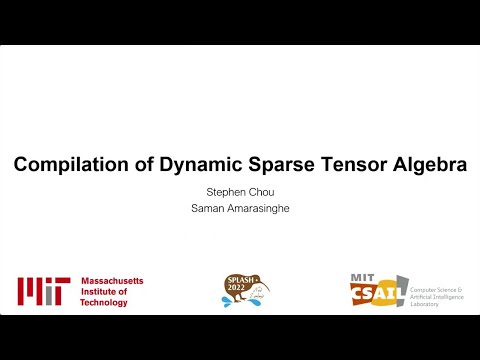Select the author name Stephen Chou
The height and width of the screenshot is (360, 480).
point(240,192)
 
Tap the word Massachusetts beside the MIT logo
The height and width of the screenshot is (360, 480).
point(111,281)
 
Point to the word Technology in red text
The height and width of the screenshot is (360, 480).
point(104,302)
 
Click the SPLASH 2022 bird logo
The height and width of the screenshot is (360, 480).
point(244,290)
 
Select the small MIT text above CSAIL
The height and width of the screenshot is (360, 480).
point(362,277)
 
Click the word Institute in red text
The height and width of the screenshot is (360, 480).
point(99,291)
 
